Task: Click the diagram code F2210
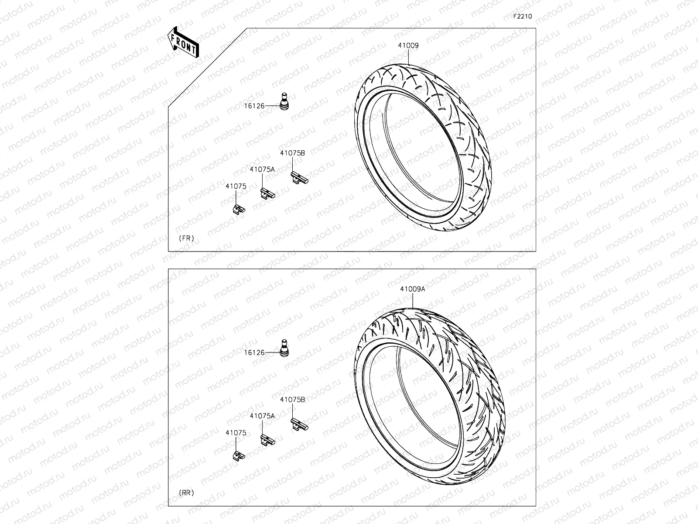522,17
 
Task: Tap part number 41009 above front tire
408,45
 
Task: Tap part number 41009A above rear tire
412,289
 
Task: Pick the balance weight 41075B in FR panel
299,177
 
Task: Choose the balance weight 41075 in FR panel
238,209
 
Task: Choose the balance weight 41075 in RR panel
238,455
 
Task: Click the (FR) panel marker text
186,238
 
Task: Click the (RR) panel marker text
186,493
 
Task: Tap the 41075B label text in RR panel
292,400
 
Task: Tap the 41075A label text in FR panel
262,169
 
